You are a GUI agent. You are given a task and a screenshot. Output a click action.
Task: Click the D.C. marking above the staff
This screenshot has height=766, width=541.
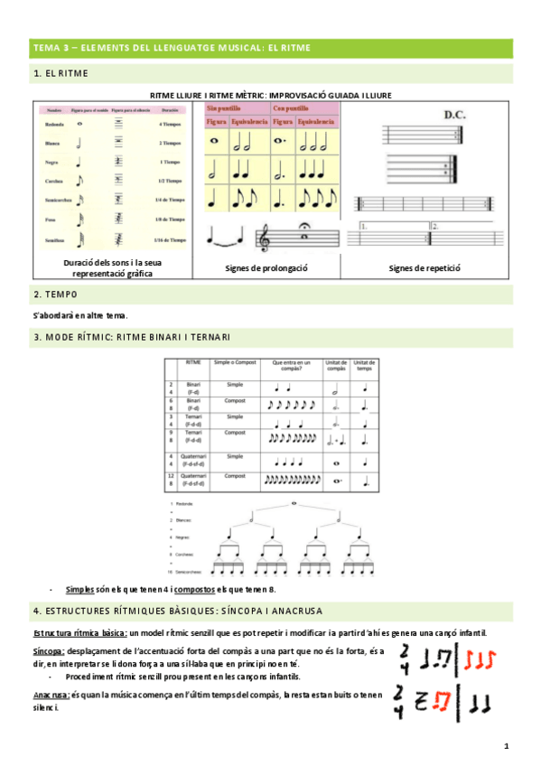(453, 115)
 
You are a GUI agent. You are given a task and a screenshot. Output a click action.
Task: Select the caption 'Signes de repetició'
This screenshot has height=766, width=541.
(424, 268)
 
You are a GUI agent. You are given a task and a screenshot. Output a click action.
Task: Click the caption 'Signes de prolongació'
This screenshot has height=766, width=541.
(266, 268)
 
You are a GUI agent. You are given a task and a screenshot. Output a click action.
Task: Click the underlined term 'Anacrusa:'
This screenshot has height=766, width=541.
(51, 695)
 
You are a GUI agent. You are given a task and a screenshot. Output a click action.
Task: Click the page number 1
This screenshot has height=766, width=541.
(507, 746)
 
